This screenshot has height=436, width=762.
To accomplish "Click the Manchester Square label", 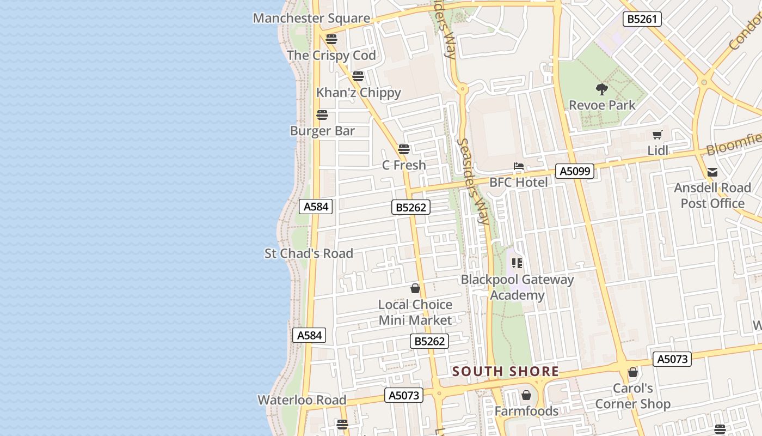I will coord(311,18).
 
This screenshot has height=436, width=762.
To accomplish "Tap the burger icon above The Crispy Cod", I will coord(331,39).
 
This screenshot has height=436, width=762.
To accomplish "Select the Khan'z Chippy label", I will coord(359,92).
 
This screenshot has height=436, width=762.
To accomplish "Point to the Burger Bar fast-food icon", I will coord(322,115).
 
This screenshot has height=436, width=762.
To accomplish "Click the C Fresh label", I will coord(404,165).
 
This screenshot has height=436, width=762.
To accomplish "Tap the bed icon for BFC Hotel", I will coord(518,166).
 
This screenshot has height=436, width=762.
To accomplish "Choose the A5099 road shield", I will coord(575,171).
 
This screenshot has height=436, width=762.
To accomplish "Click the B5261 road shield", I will coord(642,19).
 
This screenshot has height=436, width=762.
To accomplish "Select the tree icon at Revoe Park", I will coord(602,89).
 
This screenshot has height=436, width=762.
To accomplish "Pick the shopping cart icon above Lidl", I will coord(657,135).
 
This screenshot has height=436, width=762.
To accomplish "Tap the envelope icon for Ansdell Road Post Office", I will coord(712,173).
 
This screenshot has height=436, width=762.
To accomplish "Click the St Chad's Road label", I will coord(309,253).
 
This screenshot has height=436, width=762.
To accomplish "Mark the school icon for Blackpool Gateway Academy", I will coord(517,264).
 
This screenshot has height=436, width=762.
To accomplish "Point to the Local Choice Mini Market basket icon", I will coord(415,288).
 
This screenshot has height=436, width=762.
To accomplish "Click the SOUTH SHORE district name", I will coord(506,372).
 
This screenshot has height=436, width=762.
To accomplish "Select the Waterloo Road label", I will coord(302,399).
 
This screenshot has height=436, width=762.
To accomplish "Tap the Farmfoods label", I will coord(526,411).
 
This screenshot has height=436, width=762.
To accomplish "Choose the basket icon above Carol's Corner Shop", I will coord(633,373).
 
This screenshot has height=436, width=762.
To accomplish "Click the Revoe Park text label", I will coord(602,105).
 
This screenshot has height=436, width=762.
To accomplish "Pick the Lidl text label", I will coord(657,150).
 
